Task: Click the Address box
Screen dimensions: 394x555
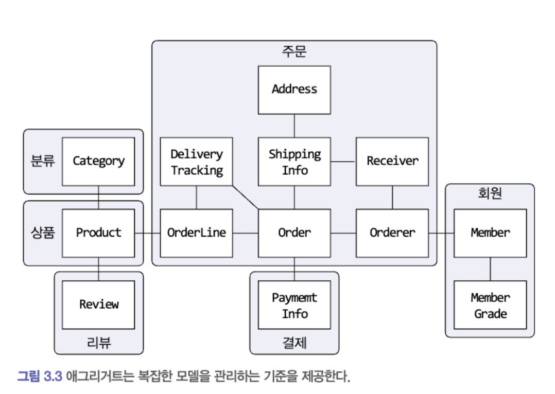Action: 294,89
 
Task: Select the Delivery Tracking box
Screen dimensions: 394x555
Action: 196,162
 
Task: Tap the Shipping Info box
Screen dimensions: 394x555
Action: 294,162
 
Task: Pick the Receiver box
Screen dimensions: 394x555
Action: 392,162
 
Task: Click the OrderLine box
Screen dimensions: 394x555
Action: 196,232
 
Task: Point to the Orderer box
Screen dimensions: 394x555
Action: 392,232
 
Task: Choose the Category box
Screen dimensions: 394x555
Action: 98,162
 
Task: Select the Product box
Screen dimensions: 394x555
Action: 98,232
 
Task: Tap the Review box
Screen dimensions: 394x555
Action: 98,305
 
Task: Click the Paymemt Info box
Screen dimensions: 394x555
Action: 294,305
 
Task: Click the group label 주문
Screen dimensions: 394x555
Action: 294,52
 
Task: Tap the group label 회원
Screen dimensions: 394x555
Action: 490,194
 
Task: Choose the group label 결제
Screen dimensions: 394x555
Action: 294,342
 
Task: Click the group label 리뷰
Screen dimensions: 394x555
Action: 98,342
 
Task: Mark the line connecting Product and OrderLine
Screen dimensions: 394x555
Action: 147,233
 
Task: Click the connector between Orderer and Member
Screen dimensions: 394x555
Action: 441,233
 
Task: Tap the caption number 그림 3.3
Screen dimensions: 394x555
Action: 40,376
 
